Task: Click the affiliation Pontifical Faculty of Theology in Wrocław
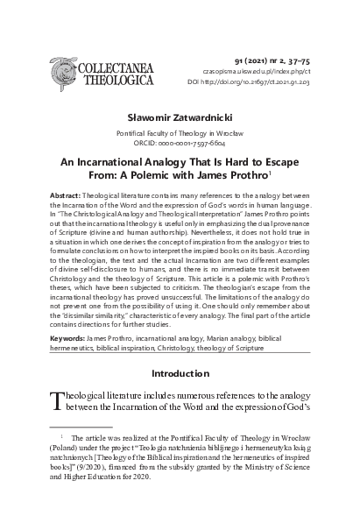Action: pos(179,131)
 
